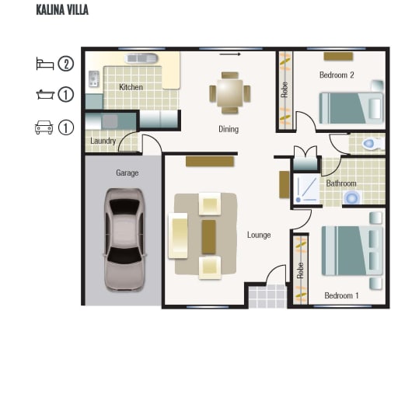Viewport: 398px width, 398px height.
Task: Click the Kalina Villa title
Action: (62, 10)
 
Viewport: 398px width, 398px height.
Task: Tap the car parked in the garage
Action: (124, 239)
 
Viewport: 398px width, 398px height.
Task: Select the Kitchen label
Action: (131, 87)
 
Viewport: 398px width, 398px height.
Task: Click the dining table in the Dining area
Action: (230, 93)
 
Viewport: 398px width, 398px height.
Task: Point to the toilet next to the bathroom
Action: (372, 144)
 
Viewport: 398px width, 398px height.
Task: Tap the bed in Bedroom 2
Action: (351, 108)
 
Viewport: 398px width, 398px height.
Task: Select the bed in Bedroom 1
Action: (352, 250)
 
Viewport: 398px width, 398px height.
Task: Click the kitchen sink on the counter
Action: (141, 58)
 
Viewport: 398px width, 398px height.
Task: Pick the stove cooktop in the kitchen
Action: (94, 79)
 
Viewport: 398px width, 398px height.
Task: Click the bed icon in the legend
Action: (45, 64)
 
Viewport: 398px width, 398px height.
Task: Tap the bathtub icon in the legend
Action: (45, 94)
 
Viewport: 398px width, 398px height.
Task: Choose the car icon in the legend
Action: (44, 127)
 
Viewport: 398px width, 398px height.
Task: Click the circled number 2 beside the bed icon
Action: (66, 64)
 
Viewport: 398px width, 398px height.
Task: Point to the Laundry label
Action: (103, 141)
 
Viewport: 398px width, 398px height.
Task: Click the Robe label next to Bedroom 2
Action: (285, 89)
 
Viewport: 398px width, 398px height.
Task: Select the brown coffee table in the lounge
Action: (208, 237)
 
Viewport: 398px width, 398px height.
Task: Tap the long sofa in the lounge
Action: (178, 236)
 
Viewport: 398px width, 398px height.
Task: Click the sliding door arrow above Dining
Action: (230, 54)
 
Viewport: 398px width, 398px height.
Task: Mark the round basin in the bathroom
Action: (352, 198)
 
